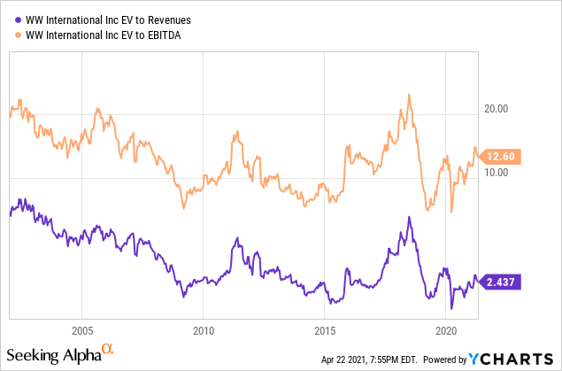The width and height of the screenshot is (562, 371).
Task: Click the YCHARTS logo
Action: click(x=512, y=359)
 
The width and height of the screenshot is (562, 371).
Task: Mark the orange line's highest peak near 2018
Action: click(x=408, y=94)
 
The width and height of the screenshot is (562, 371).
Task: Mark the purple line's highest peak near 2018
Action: click(x=408, y=217)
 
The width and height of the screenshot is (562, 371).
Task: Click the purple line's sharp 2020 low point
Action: click(x=451, y=308)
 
